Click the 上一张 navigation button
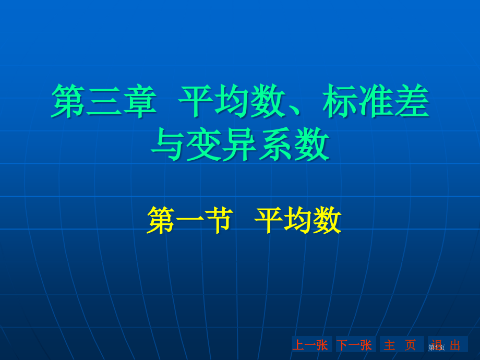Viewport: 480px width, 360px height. pos(311,345)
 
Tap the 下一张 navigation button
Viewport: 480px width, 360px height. pos(355,345)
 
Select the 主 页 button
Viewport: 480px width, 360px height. pos(400,345)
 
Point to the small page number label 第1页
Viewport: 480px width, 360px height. pos(437,347)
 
